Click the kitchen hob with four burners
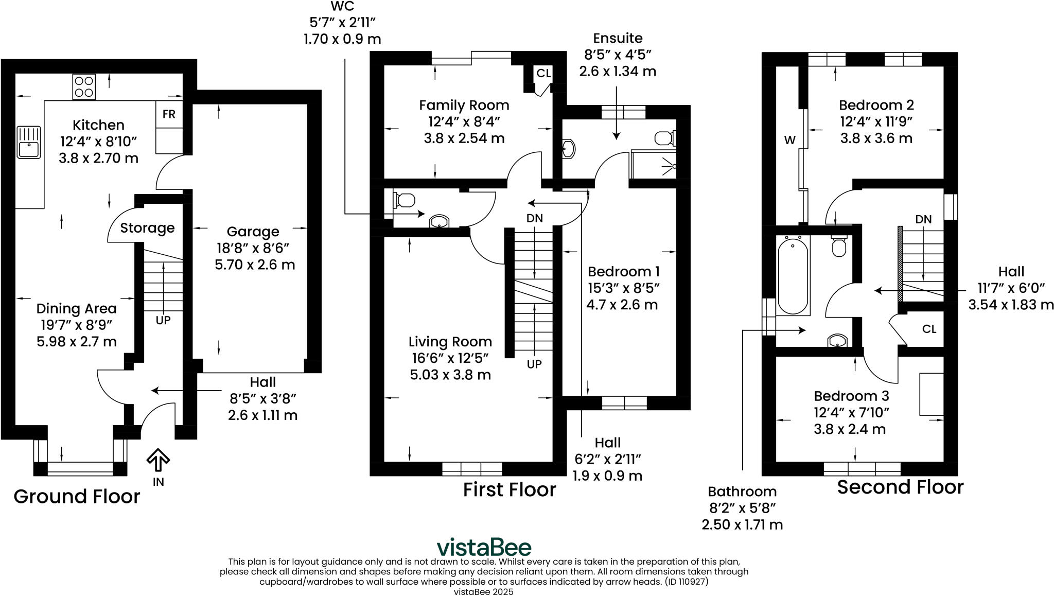(84, 86)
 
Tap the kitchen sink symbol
(28, 142)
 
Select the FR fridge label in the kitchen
(169, 114)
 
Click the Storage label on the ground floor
(147, 228)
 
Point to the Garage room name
(253, 232)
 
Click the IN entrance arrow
(158, 460)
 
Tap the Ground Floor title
(77, 496)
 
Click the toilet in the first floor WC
(405, 200)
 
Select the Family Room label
(464, 105)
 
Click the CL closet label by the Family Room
(543, 73)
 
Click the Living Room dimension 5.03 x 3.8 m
(450, 375)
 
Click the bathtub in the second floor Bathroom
(793, 275)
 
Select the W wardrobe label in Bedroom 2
(790, 140)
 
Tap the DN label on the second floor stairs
(923, 219)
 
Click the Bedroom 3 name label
(851, 396)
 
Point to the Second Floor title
(900, 487)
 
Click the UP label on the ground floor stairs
(163, 320)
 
